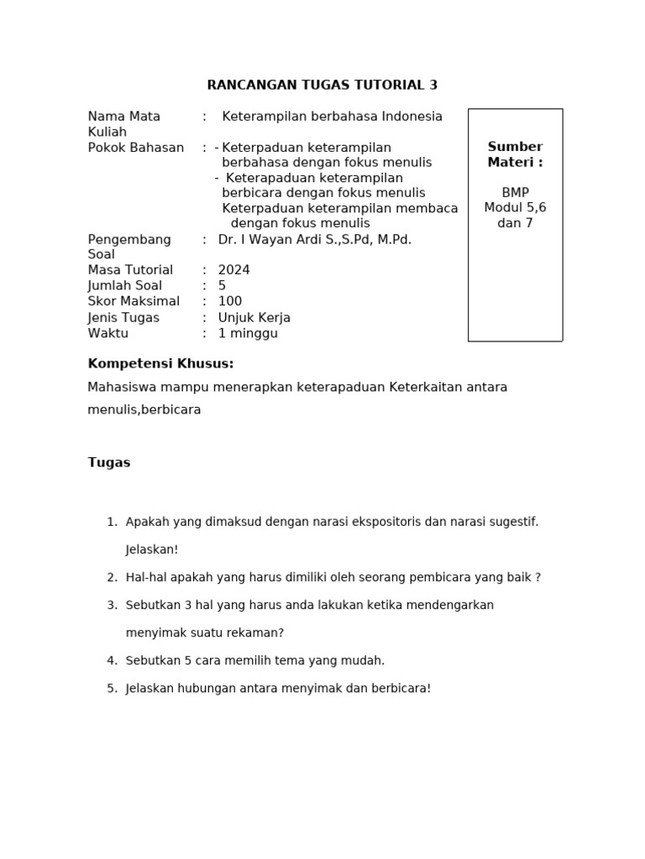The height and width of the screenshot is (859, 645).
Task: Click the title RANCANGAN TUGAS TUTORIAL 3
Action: tap(322, 85)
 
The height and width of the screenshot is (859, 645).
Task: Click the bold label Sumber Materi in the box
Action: tap(515, 154)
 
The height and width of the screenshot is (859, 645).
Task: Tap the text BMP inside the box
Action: tap(515, 192)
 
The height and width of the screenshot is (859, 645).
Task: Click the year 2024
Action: tap(233, 270)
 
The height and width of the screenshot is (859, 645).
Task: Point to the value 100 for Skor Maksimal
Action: tap(230, 301)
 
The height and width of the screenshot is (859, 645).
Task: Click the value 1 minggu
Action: tap(248, 333)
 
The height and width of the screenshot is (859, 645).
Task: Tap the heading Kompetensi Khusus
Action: tap(160, 363)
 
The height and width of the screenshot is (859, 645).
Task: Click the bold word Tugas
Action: tap(109, 462)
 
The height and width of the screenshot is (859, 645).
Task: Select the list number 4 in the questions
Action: tap(112, 660)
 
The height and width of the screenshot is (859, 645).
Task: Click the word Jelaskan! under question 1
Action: tap(152, 549)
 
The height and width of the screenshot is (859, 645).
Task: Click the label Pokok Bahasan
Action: tap(136, 148)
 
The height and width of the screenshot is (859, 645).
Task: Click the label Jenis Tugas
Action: tap(123, 317)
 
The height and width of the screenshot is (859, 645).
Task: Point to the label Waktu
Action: tap(108, 333)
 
